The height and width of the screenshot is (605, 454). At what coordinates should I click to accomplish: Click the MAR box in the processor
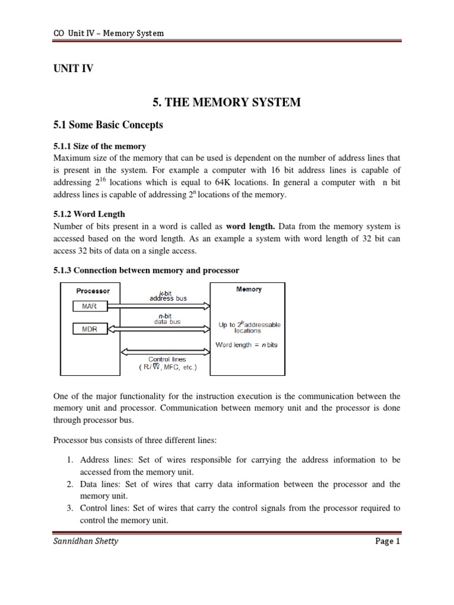click(x=90, y=306)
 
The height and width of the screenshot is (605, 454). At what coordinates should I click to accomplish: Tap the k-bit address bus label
click(x=167, y=295)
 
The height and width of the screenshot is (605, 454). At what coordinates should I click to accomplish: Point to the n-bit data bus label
click(x=167, y=319)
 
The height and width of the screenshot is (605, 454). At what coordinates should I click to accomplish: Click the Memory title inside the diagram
click(x=249, y=290)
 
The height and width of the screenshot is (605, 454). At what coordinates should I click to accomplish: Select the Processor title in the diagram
click(x=93, y=291)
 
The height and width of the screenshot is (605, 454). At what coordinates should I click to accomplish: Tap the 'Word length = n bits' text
click(x=247, y=344)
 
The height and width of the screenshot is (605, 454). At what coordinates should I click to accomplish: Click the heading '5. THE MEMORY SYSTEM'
click(x=226, y=103)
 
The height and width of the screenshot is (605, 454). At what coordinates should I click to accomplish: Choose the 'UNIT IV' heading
click(x=74, y=69)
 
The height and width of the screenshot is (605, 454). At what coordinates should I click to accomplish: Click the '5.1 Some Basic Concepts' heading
click(x=108, y=125)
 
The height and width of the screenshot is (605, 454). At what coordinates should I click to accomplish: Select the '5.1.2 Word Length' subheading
click(x=89, y=214)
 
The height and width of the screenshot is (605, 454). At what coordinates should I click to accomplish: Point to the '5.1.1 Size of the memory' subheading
click(x=100, y=146)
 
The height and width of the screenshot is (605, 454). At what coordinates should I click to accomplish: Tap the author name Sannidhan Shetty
click(x=86, y=541)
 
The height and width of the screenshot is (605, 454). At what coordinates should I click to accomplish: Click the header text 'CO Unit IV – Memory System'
click(x=108, y=33)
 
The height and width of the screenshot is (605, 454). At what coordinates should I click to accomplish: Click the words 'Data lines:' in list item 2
click(x=100, y=484)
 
